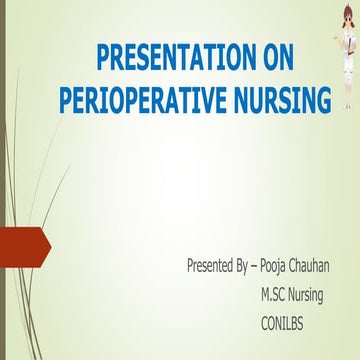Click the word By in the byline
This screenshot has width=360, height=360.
pos(243,266)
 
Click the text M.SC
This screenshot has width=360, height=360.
pos(275,295)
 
